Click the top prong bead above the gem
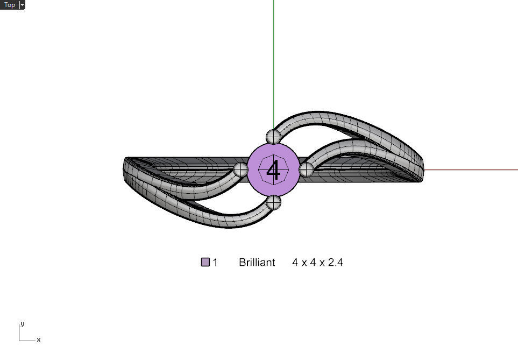tap(273, 136)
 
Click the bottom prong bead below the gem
tap(274, 203)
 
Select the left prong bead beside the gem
tap(240, 170)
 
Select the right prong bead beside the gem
tap(306, 170)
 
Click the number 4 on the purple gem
tap(273, 171)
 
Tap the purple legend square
tap(205, 263)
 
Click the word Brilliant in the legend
tap(257, 263)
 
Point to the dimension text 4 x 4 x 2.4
tap(317, 263)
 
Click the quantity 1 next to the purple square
tap(215, 263)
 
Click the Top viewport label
tap(10, 5)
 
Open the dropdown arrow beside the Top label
tap(22, 5)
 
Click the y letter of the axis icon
tap(22, 324)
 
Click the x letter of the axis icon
tap(39, 340)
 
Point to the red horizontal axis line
tap(473, 170)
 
